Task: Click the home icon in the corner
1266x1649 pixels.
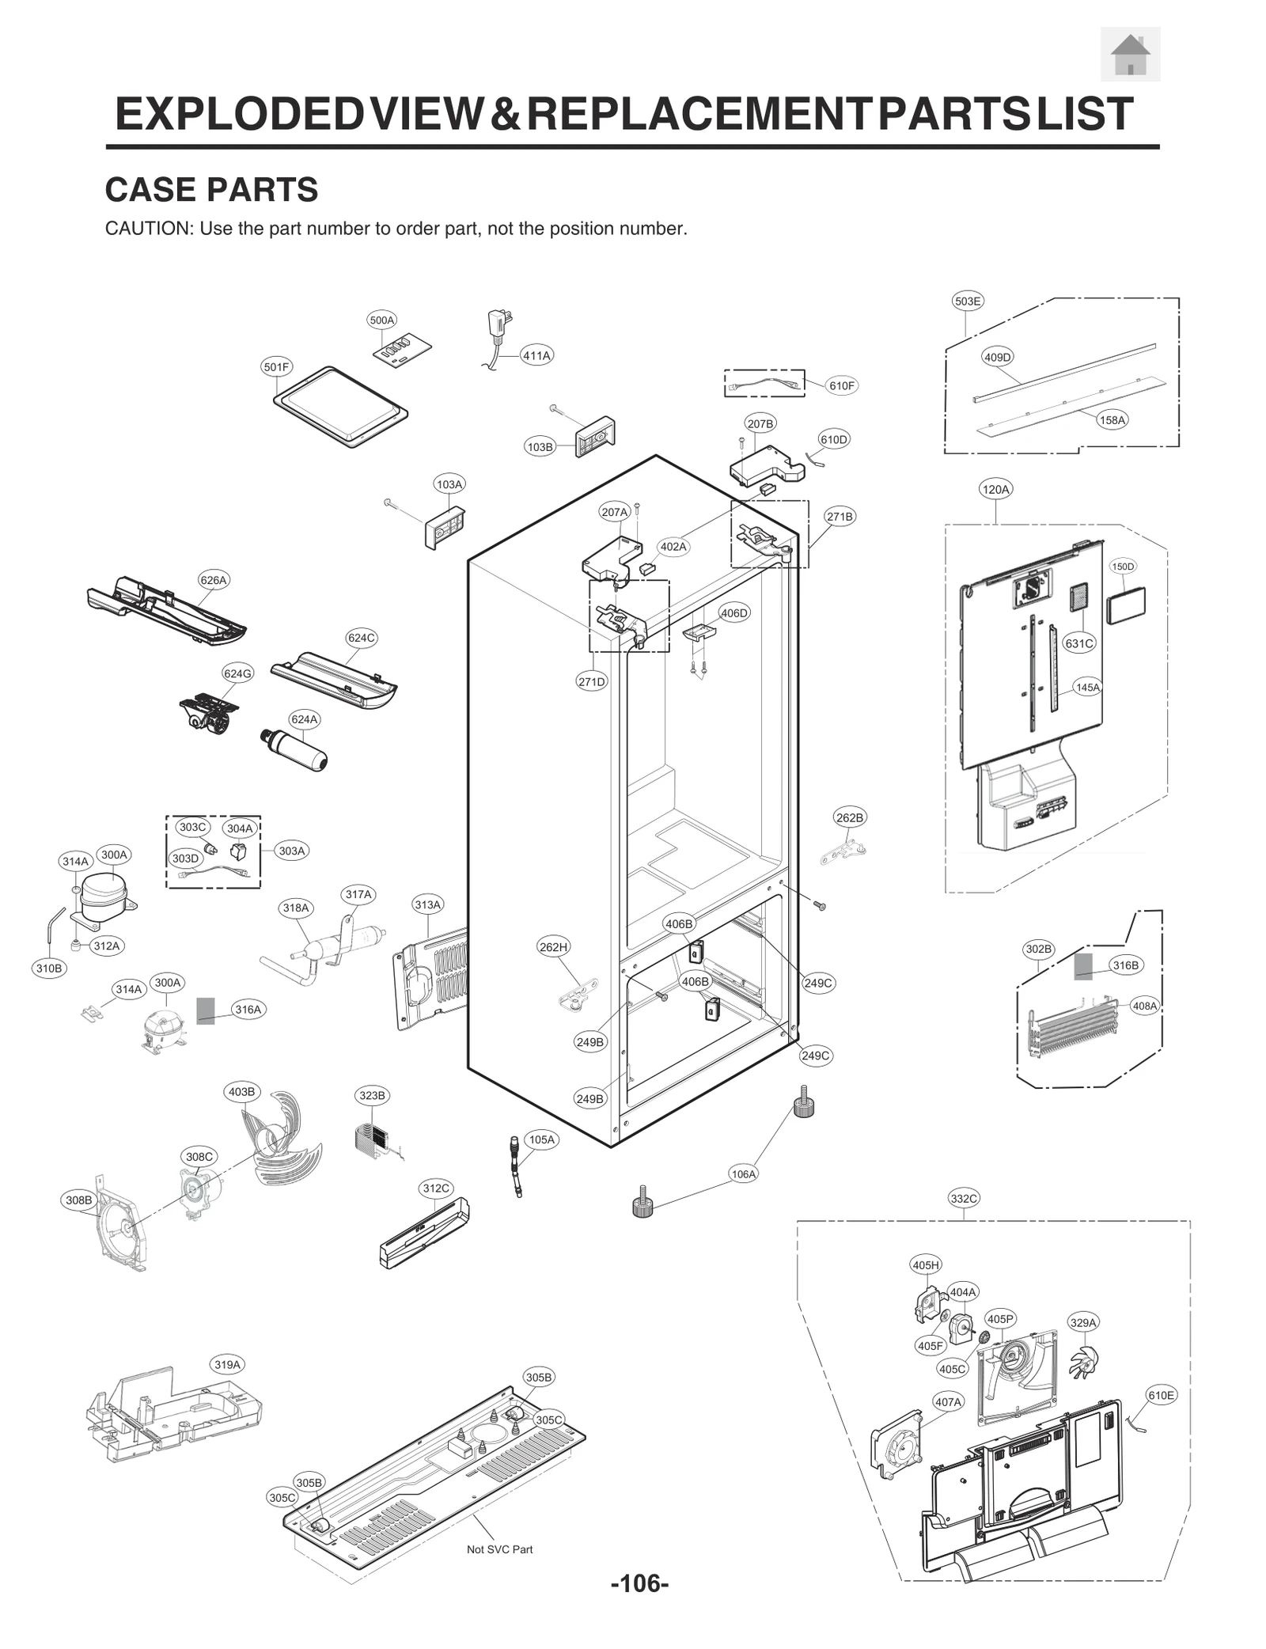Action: coord(1130,55)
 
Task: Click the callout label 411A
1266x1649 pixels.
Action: coord(536,356)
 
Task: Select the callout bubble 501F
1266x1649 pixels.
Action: coord(276,367)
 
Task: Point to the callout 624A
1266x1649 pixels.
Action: coord(304,719)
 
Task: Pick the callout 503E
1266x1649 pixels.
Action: coord(967,301)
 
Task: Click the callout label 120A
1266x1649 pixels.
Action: coord(995,490)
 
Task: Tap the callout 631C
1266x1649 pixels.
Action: coord(1078,643)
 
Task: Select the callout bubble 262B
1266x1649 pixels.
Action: coord(850,817)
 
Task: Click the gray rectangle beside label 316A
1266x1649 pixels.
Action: coord(205,1010)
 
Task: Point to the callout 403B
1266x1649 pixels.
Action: coord(241,1092)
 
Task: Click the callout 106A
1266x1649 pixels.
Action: coord(743,1174)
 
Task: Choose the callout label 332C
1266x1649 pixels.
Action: coord(964,1199)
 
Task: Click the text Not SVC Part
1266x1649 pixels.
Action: coord(499,1549)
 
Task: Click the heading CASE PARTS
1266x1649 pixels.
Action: coord(211,190)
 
